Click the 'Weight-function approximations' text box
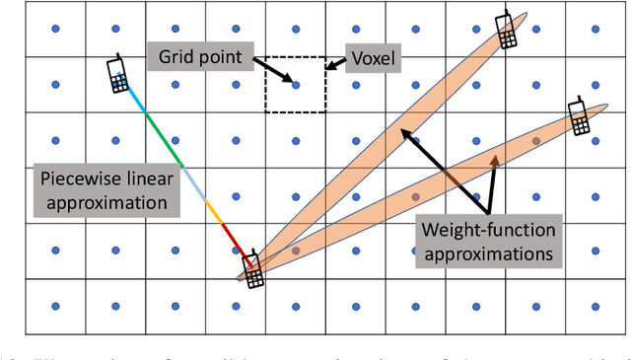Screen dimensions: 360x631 click(488, 242)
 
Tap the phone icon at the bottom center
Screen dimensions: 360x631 click(253, 268)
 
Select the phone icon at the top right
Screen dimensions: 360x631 click(506, 30)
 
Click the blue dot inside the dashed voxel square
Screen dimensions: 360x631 click(296, 85)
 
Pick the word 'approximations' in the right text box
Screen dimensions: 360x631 click(488, 253)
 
